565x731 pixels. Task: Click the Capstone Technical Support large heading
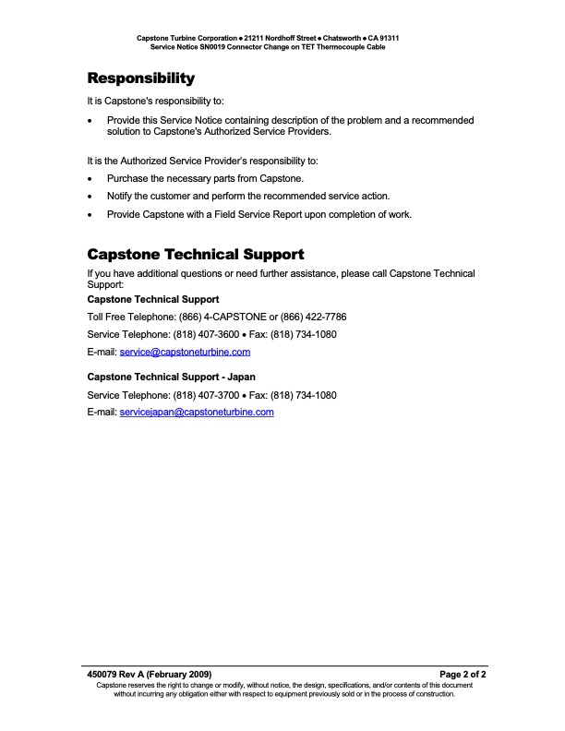point(195,254)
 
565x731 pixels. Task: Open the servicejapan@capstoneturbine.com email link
point(197,412)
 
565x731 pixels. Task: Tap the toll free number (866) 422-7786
point(313,317)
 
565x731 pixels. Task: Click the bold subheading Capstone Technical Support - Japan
point(171,377)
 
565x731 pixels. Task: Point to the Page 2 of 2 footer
point(463,675)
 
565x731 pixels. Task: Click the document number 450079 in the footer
point(102,675)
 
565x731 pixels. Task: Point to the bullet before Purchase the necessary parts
point(90,179)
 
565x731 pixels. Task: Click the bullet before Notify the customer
point(90,197)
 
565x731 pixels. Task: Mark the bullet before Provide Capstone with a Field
point(90,215)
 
